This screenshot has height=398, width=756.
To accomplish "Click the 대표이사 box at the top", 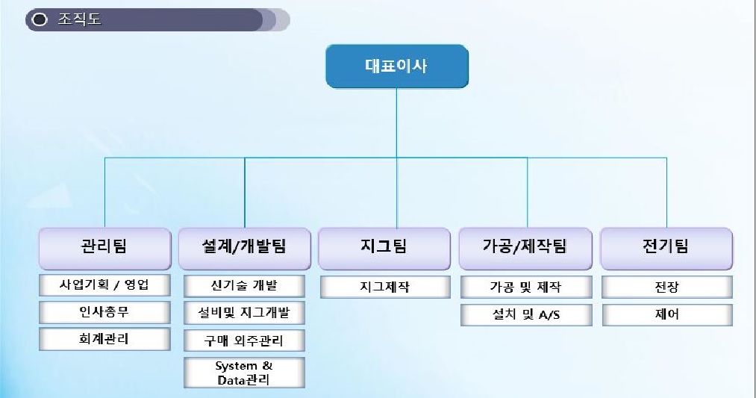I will [396, 66].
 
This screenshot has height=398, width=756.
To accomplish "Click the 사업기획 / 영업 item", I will [104, 285].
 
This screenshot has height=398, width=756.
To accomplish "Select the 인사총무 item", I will [104, 311].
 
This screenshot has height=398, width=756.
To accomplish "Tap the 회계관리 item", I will [104, 338].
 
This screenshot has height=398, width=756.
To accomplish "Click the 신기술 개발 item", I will [244, 286].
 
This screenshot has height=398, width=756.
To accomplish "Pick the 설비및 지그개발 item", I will [244, 313].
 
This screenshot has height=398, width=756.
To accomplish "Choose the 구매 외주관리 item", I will [244, 341].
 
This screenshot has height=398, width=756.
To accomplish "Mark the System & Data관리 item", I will [244, 372].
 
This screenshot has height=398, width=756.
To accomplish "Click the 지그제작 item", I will [385, 287].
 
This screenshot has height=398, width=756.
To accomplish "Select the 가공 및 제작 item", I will [525, 287].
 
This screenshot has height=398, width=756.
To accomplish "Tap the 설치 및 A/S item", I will [525, 314].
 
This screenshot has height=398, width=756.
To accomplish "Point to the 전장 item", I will [666, 287].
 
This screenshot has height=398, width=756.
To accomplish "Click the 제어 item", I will [666, 314].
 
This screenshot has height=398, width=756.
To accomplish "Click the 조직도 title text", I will [79, 20].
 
